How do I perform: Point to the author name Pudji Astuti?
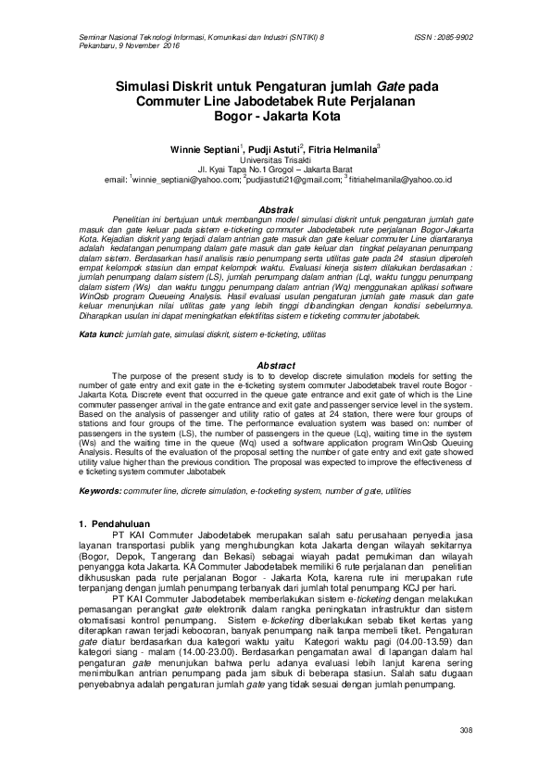(277, 149)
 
